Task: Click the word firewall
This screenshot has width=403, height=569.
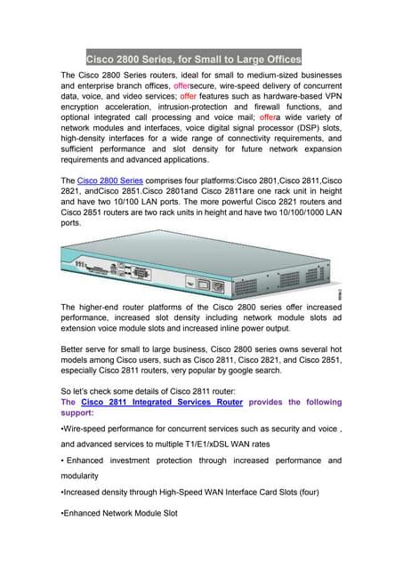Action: (279, 106)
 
